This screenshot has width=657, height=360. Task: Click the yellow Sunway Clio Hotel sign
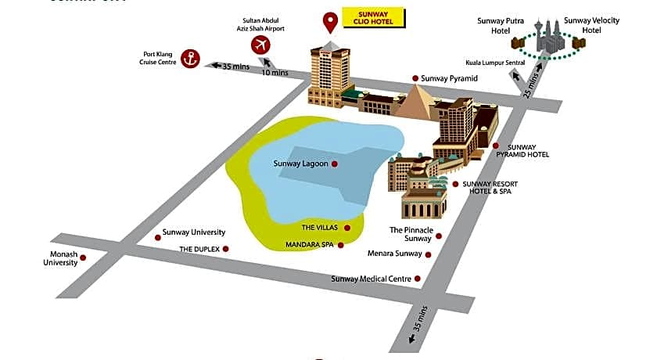[x=375, y=16]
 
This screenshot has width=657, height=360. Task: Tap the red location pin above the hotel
[x=331, y=21]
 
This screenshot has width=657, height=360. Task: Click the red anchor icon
[x=188, y=57]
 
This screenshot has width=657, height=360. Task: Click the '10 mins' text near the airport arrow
[x=275, y=73]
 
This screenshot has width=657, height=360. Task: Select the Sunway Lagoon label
[x=301, y=164]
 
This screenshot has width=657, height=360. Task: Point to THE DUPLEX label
[x=199, y=249]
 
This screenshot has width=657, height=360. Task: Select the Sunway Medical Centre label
[x=372, y=279]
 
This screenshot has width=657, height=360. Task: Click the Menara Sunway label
[x=394, y=254]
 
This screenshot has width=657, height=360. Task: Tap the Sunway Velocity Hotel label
[x=589, y=26]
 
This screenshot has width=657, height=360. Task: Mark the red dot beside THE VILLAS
[x=347, y=228]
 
